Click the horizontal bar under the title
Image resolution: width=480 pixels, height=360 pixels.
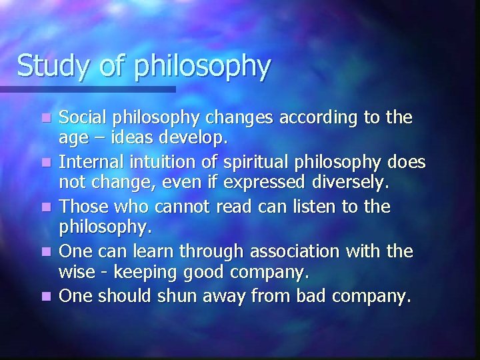87,88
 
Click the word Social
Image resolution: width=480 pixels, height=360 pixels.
81,118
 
